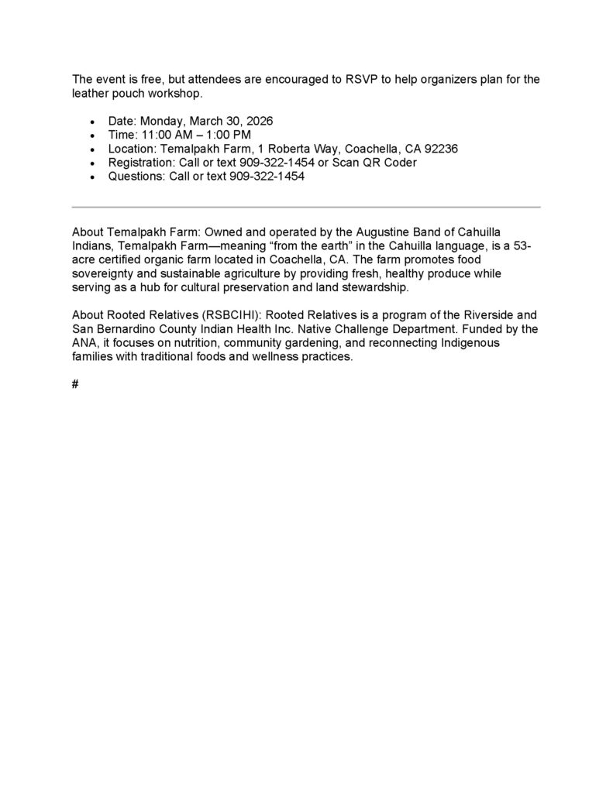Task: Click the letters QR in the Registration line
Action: coord(367,163)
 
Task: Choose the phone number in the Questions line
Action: coord(267,177)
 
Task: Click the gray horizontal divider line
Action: coord(306,207)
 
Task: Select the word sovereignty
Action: coord(103,274)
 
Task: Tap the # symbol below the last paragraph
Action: coord(75,384)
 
